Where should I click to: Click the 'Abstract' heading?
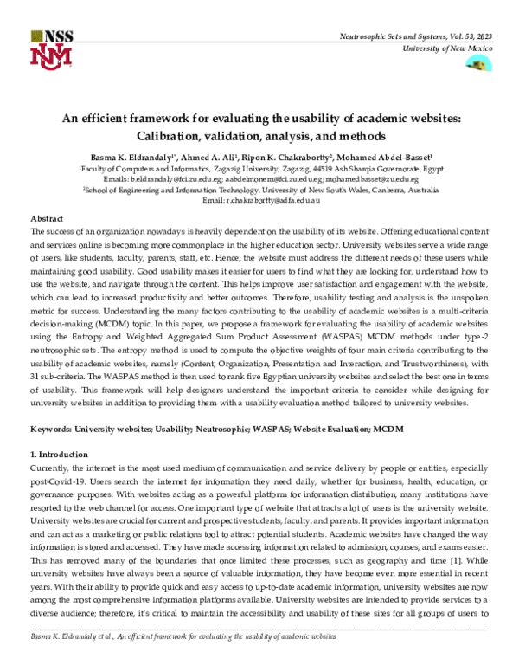pos(48,220)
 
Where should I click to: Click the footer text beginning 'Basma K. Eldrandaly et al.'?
pos(183,660)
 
